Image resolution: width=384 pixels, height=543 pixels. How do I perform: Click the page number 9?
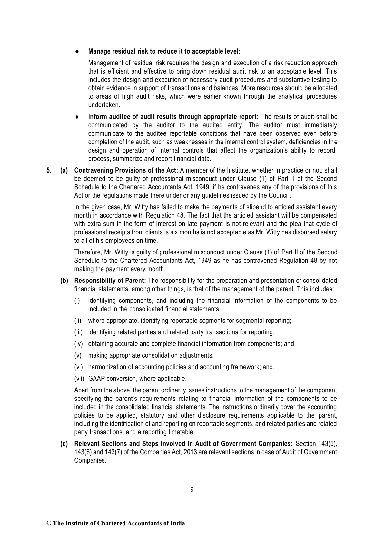coord(192,489)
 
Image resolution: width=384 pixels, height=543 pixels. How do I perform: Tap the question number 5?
coord(49,170)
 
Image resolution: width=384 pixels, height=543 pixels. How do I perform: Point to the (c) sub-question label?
coord(64,444)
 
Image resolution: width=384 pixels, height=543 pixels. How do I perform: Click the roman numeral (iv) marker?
coord(79,344)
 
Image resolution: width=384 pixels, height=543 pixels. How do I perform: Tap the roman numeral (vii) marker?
coord(79,379)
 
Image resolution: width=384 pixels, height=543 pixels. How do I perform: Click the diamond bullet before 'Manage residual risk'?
coord(77,52)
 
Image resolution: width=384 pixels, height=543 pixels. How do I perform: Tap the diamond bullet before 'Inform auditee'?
coord(77,117)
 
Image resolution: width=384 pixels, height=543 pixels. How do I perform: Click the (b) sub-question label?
coord(64,281)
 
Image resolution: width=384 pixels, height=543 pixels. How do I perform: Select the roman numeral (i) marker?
coord(77,301)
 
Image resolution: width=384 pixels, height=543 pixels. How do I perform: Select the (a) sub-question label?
coord(64,170)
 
